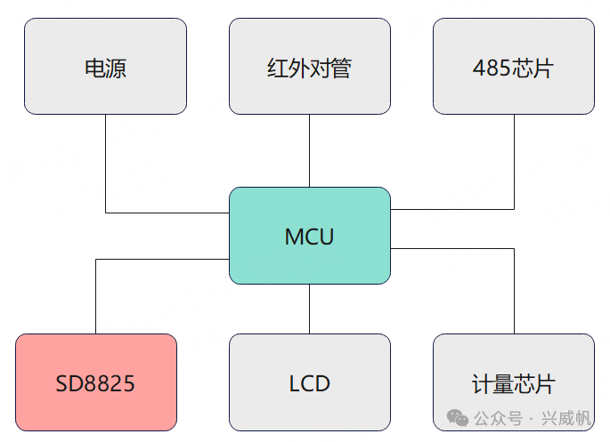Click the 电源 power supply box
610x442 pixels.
tap(105, 67)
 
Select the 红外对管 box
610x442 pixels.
tap(309, 67)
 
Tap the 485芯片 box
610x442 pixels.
tap(514, 67)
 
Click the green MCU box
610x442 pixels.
tap(309, 236)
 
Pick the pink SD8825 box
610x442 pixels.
tap(96, 382)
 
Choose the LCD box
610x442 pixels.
tap(309, 382)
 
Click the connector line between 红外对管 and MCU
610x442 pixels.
tap(309, 150)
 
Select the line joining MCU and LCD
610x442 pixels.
tap(309, 309)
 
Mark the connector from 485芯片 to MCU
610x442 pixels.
tap(514, 165)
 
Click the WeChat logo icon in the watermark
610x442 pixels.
tap(458, 417)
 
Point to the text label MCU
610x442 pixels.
tap(309, 237)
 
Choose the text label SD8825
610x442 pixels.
tap(95, 384)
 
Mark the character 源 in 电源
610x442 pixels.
tap(117, 68)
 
